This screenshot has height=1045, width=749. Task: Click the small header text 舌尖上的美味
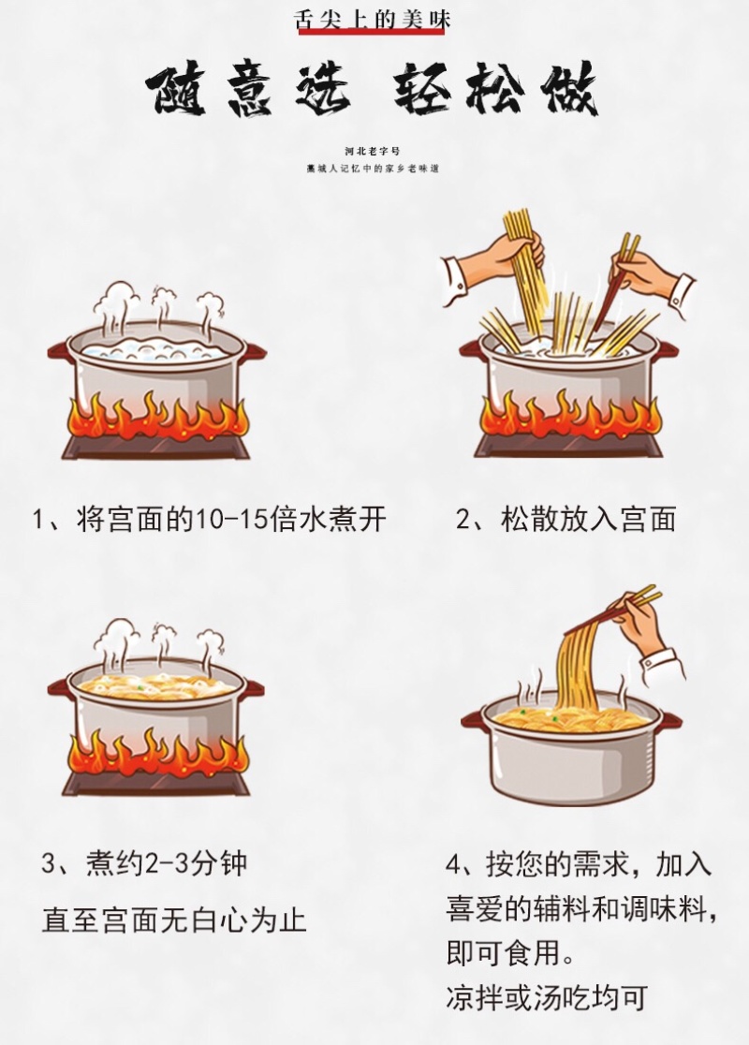click(x=373, y=18)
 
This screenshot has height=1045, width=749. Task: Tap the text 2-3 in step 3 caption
click(x=167, y=863)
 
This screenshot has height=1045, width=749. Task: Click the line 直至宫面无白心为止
click(x=174, y=920)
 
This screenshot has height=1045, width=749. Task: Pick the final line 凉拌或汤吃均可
click(x=547, y=998)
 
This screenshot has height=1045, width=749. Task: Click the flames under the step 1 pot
click(x=157, y=417)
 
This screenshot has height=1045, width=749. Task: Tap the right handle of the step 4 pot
click(x=669, y=718)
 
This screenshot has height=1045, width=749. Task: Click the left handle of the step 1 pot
click(x=59, y=351)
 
